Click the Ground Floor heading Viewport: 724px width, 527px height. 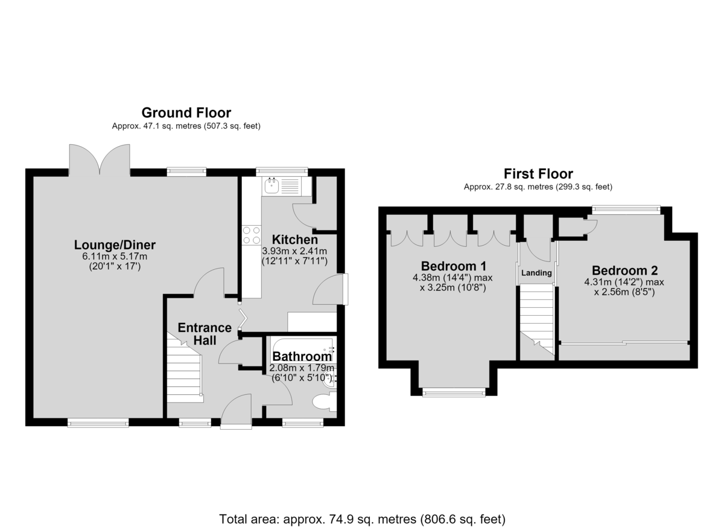point(186,113)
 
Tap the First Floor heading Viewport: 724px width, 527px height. point(538,174)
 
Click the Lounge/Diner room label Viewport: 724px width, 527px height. point(115,244)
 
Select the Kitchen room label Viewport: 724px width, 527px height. point(295,240)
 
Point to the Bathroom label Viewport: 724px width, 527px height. point(302,356)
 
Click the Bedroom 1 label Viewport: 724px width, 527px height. point(454,266)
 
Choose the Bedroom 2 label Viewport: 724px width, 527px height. point(625,270)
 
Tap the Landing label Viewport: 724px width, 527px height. point(536,273)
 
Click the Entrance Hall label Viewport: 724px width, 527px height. point(205,334)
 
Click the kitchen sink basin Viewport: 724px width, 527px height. point(272,186)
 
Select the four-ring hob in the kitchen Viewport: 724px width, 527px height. point(252,235)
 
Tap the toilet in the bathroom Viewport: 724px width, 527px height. point(324,402)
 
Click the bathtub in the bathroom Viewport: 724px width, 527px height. point(303,349)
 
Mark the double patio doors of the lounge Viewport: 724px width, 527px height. point(100,161)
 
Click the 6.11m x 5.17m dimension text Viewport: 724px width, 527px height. point(115,257)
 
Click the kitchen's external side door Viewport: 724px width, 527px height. point(346,289)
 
